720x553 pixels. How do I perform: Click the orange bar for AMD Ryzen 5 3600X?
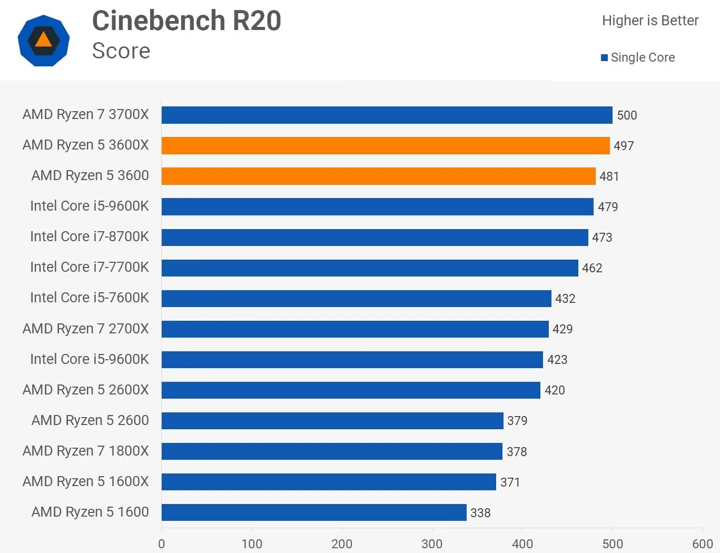[386, 145]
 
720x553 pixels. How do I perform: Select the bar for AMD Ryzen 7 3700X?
[387, 115]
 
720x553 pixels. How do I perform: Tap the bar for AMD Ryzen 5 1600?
[314, 512]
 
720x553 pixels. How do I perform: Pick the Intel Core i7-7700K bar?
[370, 268]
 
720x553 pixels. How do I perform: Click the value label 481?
[609, 176]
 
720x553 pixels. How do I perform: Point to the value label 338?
[480, 513]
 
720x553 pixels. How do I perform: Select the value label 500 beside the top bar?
[627, 115]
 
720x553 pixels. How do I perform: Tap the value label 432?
[565, 299]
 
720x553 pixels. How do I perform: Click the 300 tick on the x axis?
[432, 544]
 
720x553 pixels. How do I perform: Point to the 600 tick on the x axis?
[703, 544]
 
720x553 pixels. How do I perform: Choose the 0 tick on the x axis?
[162, 544]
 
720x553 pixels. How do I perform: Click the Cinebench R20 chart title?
[186, 21]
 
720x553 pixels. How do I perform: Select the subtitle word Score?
[121, 51]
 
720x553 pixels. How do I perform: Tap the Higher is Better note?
[650, 21]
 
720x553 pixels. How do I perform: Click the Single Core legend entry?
[638, 57]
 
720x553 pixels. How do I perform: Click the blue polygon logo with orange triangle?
[44, 41]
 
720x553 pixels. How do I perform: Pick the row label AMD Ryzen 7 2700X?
[86, 329]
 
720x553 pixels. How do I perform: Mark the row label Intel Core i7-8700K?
[90, 236]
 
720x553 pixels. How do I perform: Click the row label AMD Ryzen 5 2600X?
[86, 390]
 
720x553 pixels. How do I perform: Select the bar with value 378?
[332, 451]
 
